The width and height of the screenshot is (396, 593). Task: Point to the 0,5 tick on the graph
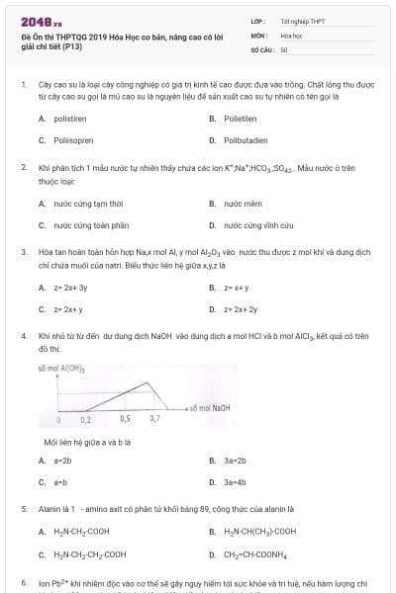click(125, 418)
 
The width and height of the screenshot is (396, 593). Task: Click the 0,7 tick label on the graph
click(154, 418)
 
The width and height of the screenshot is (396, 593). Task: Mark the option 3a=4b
click(235, 482)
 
